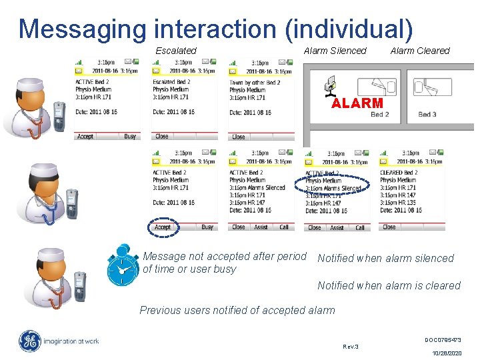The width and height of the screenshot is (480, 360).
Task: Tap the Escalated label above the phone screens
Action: (x=176, y=51)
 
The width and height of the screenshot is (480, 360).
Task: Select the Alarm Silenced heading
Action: (x=335, y=51)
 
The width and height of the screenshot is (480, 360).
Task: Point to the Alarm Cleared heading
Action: (x=420, y=51)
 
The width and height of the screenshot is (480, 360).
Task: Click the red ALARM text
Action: (x=357, y=103)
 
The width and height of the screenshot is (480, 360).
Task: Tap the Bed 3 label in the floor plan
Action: (x=427, y=114)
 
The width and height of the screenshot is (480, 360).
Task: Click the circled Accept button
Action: (x=163, y=227)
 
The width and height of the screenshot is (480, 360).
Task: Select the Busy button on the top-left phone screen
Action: (x=130, y=136)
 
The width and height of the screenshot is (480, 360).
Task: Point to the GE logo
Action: (x=29, y=341)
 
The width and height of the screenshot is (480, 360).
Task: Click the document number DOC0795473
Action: (x=443, y=340)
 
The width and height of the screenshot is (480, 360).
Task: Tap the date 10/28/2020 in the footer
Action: (x=446, y=353)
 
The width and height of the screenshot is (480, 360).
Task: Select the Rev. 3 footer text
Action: (x=350, y=347)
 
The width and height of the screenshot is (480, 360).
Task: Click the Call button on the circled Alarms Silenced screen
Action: (x=360, y=227)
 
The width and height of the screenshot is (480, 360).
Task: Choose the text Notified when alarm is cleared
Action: (x=389, y=285)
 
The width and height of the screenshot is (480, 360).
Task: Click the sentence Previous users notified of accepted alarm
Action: (x=237, y=310)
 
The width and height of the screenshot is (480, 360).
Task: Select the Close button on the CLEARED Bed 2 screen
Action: (x=389, y=227)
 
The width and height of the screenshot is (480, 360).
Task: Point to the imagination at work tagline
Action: (x=71, y=341)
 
